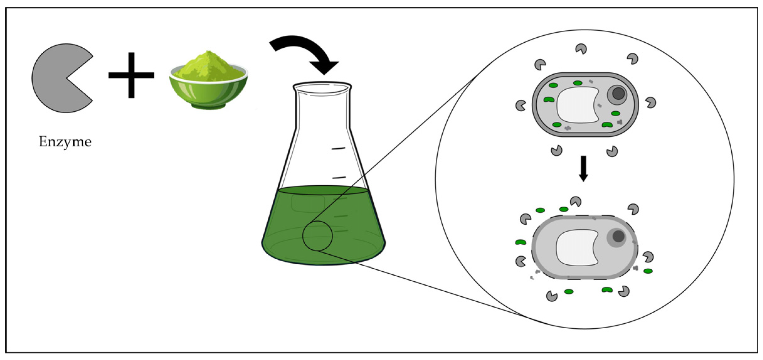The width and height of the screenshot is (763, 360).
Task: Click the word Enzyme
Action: tap(65, 142)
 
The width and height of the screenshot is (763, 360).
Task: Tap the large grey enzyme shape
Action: tap(56, 78)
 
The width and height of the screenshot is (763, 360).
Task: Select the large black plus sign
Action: tap(131, 75)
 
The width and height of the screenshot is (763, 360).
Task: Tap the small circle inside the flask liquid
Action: tap(317, 236)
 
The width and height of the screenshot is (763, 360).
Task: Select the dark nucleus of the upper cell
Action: tap(618, 93)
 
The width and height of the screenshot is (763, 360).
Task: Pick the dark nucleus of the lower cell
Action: tap(618, 236)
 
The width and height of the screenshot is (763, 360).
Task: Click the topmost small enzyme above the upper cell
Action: tap(581, 49)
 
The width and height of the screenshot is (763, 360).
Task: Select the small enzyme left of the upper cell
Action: tap(521, 105)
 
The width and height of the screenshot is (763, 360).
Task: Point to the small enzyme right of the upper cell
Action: tap(651, 103)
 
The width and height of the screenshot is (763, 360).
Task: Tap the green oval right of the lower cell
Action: tap(648, 271)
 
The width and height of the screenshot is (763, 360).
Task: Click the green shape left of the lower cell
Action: tap(521, 242)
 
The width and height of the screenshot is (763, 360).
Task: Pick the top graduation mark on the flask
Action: tap(338, 148)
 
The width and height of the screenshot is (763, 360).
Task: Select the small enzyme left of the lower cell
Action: tap(521, 261)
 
